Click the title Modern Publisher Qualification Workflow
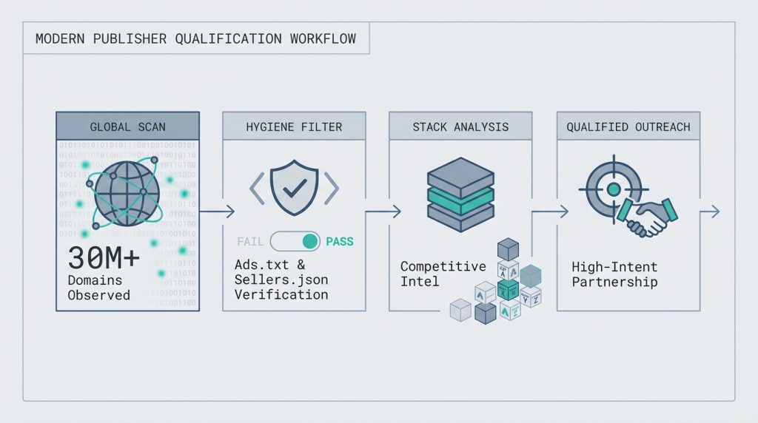(x=195, y=38)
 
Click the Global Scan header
(x=127, y=126)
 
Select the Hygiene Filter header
(x=294, y=126)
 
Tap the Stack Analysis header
(x=460, y=126)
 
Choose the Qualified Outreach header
(x=628, y=126)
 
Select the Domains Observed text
(x=98, y=288)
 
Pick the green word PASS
(x=339, y=241)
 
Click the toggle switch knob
(x=311, y=241)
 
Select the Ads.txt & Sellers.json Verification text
(x=281, y=279)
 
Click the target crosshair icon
(x=612, y=189)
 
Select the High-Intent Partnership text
(x=614, y=273)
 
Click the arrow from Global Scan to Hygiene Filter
(x=217, y=212)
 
